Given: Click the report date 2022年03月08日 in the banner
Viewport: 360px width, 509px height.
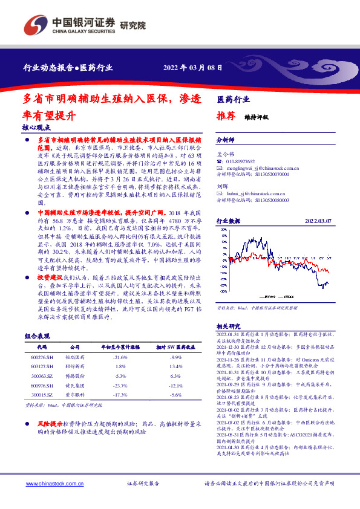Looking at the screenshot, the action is tap(196, 68).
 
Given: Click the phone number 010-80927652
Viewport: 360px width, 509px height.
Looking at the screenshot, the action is tap(242, 161).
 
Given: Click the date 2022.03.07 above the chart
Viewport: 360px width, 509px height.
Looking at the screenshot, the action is tap(318, 221).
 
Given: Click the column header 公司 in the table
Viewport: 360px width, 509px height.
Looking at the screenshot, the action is tap(75, 348).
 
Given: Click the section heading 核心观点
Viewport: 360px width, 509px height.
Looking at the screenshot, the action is tap(36, 128).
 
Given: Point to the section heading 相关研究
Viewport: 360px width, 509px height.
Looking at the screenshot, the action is tap(229, 325).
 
